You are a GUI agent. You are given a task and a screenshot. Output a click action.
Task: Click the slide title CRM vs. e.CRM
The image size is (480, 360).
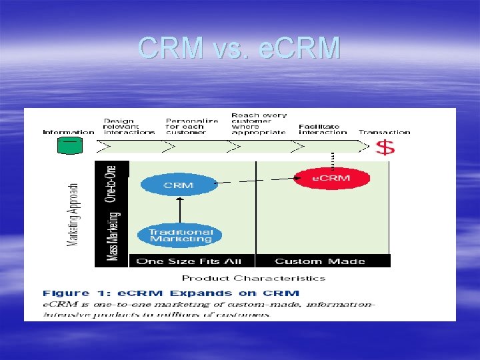coord(239,48)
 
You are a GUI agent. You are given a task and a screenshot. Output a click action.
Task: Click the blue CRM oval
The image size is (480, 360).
coord(179,184)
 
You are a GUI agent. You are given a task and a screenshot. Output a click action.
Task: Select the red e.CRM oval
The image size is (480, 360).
coord(331,178)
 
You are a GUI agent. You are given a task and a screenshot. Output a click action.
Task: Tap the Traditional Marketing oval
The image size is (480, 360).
coord(180,235)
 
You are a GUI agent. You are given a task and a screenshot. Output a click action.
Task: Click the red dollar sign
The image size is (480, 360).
coord(385,147)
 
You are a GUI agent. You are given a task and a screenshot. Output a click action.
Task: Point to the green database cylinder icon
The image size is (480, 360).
coord(69,144)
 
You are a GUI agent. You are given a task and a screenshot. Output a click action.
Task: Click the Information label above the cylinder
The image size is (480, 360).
coord(69,132)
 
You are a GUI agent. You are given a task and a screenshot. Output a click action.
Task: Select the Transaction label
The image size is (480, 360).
coord(384,132)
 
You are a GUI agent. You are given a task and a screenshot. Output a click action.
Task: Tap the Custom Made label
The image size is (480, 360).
coord(319,261)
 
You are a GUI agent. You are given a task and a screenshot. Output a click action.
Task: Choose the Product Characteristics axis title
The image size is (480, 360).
coord(253,278)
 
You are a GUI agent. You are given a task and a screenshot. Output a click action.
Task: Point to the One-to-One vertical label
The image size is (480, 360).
coord(111,183)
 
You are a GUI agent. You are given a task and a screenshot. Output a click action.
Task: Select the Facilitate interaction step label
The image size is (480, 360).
coord(319,129)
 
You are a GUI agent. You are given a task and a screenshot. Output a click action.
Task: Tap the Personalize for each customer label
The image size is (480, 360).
coord(192,126)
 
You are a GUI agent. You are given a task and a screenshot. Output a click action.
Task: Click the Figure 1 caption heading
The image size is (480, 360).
coord(171,293)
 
